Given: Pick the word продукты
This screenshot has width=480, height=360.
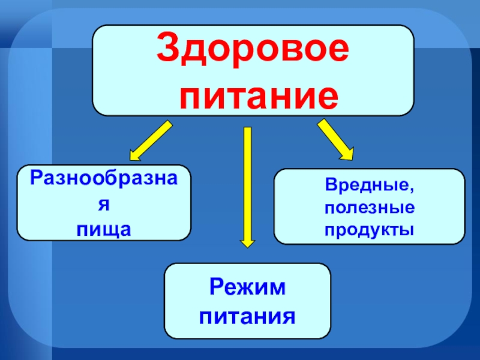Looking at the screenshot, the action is click(x=369, y=229).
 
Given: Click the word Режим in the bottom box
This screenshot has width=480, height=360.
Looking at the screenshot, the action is click(x=247, y=288).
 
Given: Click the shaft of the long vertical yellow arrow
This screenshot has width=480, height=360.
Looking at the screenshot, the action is click(x=247, y=180).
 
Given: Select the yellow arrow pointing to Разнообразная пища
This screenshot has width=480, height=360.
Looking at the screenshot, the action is click(x=150, y=139).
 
